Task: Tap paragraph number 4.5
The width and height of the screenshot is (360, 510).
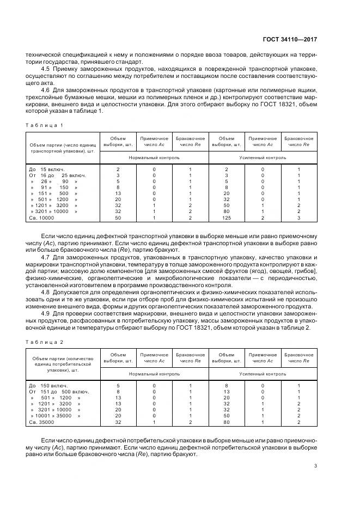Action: tap(46, 70)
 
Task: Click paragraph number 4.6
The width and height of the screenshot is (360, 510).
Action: tap(46, 89)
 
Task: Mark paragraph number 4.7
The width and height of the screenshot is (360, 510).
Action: tap(46, 256)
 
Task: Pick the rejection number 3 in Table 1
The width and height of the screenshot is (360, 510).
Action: tap(298, 217)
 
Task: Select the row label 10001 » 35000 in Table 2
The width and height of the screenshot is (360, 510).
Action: tap(54, 416)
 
